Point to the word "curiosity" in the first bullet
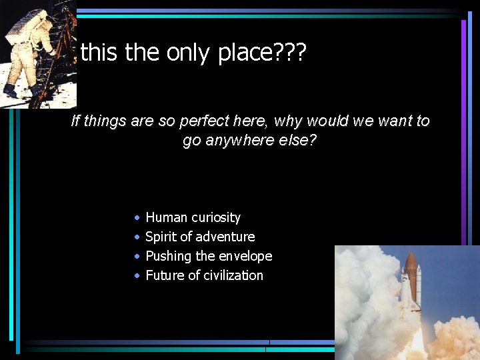coord(216,217)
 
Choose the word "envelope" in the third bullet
coord(247,256)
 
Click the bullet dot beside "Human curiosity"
coord(136,218)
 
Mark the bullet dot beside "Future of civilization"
coord(136,276)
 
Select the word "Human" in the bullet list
coord(167,217)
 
